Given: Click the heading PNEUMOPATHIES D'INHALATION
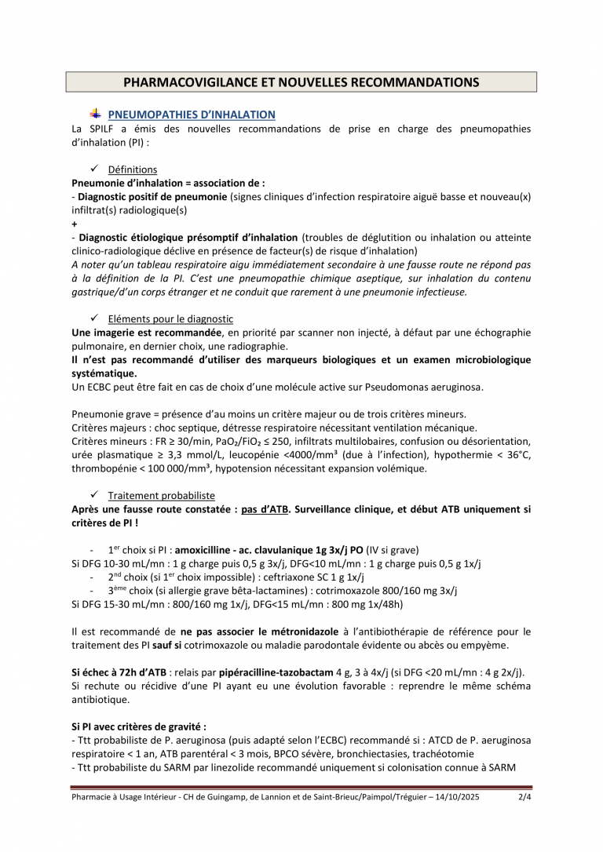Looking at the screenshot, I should (x=192, y=115).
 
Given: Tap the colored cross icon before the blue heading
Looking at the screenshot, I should (x=96, y=114).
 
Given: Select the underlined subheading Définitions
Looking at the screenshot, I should (x=132, y=169).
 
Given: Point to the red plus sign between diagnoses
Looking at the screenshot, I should (x=74, y=224).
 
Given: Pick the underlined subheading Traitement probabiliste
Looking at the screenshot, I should (x=161, y=496).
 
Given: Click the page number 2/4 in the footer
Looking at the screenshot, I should (x=524, y=799).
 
